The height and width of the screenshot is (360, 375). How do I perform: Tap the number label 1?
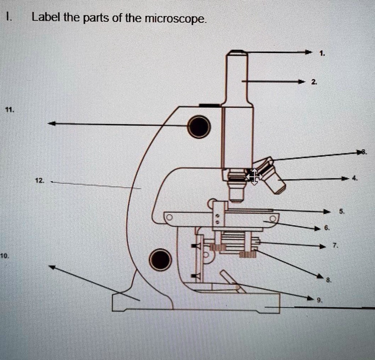322,53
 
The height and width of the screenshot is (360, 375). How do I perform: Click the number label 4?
354,178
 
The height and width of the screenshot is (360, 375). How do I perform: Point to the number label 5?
341,211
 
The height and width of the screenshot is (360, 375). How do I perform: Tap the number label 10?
4,255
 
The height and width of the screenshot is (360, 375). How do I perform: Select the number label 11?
10,109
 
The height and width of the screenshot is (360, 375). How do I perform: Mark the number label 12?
39,180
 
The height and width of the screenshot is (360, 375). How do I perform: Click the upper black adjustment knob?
199,126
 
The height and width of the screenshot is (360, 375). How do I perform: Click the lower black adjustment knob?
160,259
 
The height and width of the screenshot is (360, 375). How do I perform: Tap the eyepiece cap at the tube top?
237,52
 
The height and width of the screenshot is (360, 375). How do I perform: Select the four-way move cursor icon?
254,177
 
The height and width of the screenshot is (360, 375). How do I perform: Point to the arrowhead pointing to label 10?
52,267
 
